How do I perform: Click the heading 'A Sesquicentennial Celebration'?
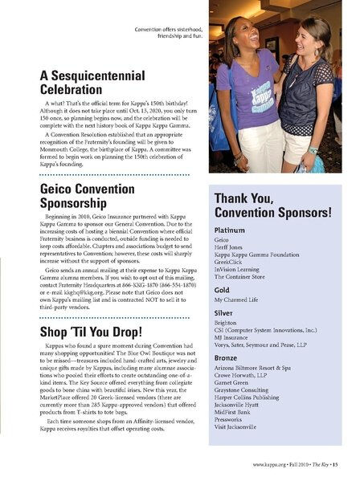click(x=92, y=83)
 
